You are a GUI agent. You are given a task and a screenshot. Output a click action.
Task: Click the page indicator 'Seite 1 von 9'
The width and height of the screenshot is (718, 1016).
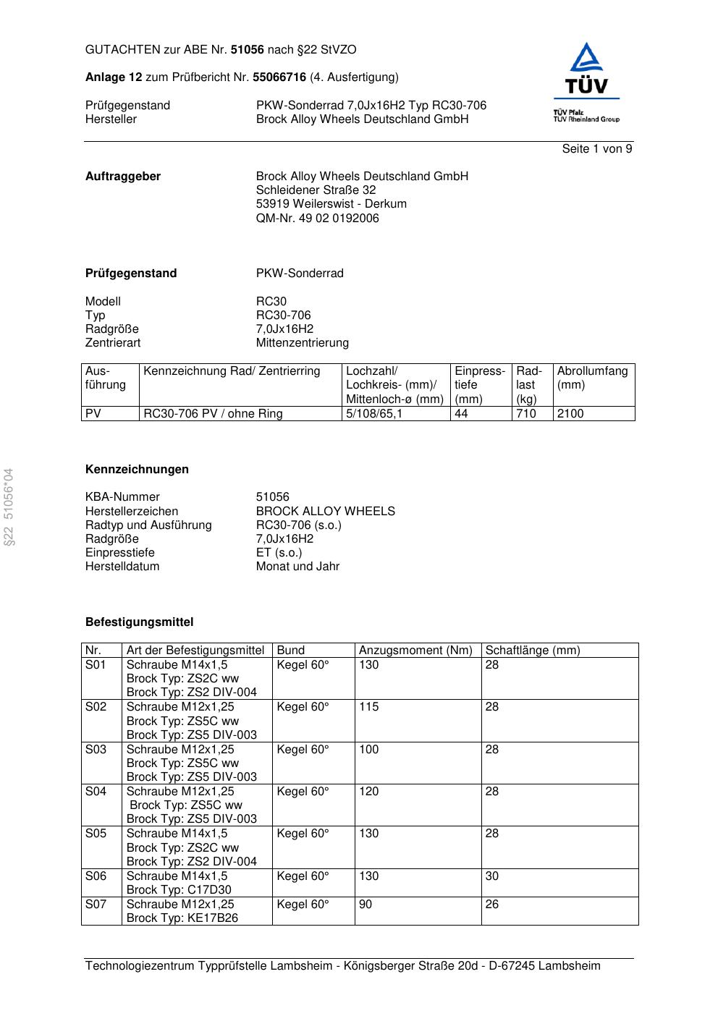click(x=596, y=149)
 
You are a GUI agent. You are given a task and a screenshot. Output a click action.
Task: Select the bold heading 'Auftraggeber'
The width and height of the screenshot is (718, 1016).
click(x=123, y=177)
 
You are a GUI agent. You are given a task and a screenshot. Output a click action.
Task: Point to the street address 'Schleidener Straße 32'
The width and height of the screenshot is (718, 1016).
click(x=316, y=190)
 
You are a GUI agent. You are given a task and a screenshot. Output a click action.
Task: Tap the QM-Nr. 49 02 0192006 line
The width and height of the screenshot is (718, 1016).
click(x=317, y=218)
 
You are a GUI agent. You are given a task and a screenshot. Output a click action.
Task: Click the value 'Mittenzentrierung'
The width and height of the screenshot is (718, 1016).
click(x=302, y=342)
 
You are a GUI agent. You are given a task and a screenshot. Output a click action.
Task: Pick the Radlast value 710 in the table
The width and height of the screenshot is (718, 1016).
click(x=526, y=414)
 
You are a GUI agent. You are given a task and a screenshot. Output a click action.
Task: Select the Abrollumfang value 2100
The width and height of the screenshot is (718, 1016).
click(x=570, y=414)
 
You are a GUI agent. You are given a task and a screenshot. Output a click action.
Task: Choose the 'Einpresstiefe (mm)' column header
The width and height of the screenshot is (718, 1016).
click(x=479, y=385)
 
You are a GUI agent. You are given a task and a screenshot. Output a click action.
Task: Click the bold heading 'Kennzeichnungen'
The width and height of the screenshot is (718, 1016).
click(x=137, y=470)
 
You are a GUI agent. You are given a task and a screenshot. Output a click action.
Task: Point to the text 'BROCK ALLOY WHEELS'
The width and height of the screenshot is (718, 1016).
click(x=325, y=511)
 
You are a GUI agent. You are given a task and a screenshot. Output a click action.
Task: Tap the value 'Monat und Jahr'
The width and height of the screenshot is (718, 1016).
click(x=297, y=567)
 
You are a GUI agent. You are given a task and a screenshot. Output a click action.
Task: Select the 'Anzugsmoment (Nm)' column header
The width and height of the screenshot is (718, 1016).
click(x=415, y=651)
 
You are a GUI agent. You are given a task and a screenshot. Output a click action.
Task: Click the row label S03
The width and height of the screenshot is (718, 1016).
click(x=96, y=750)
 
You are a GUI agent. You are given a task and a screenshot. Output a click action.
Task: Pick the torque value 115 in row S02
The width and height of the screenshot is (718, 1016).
click(x=368, y=707)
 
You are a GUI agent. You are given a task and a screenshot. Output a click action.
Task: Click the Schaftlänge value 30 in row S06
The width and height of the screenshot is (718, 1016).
click(x=491, y=876)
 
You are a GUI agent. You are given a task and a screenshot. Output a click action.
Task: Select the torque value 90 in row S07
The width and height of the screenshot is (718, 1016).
click(x=366, y=905)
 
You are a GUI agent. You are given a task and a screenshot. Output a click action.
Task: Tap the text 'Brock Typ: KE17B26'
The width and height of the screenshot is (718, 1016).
click(x=182, y=918)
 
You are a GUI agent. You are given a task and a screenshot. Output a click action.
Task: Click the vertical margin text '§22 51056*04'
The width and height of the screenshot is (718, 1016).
click(x=9, y=507)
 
